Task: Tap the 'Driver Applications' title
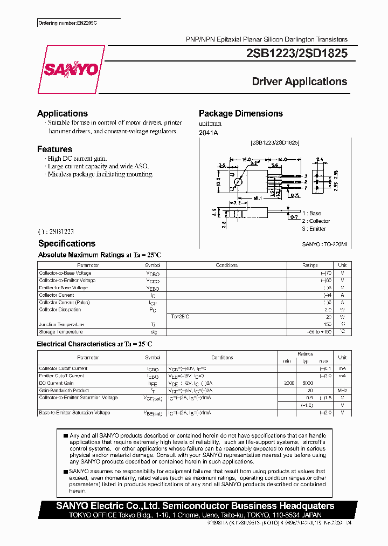pos(299,81)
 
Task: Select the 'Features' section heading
pos(54,149)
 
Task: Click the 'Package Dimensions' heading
pos(240,113)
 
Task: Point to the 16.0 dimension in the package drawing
pos(247,160)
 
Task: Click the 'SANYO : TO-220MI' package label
pos(324,244)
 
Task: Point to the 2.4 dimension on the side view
pos(319,160)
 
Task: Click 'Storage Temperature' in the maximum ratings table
pos(61,332)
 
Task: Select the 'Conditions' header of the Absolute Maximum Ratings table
pos(226,265)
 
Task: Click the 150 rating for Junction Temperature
pos(327,324)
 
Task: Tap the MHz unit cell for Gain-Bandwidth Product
pos(342,391)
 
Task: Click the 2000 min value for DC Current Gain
pos(289,383)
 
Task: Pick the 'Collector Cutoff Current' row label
pos(63,368)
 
